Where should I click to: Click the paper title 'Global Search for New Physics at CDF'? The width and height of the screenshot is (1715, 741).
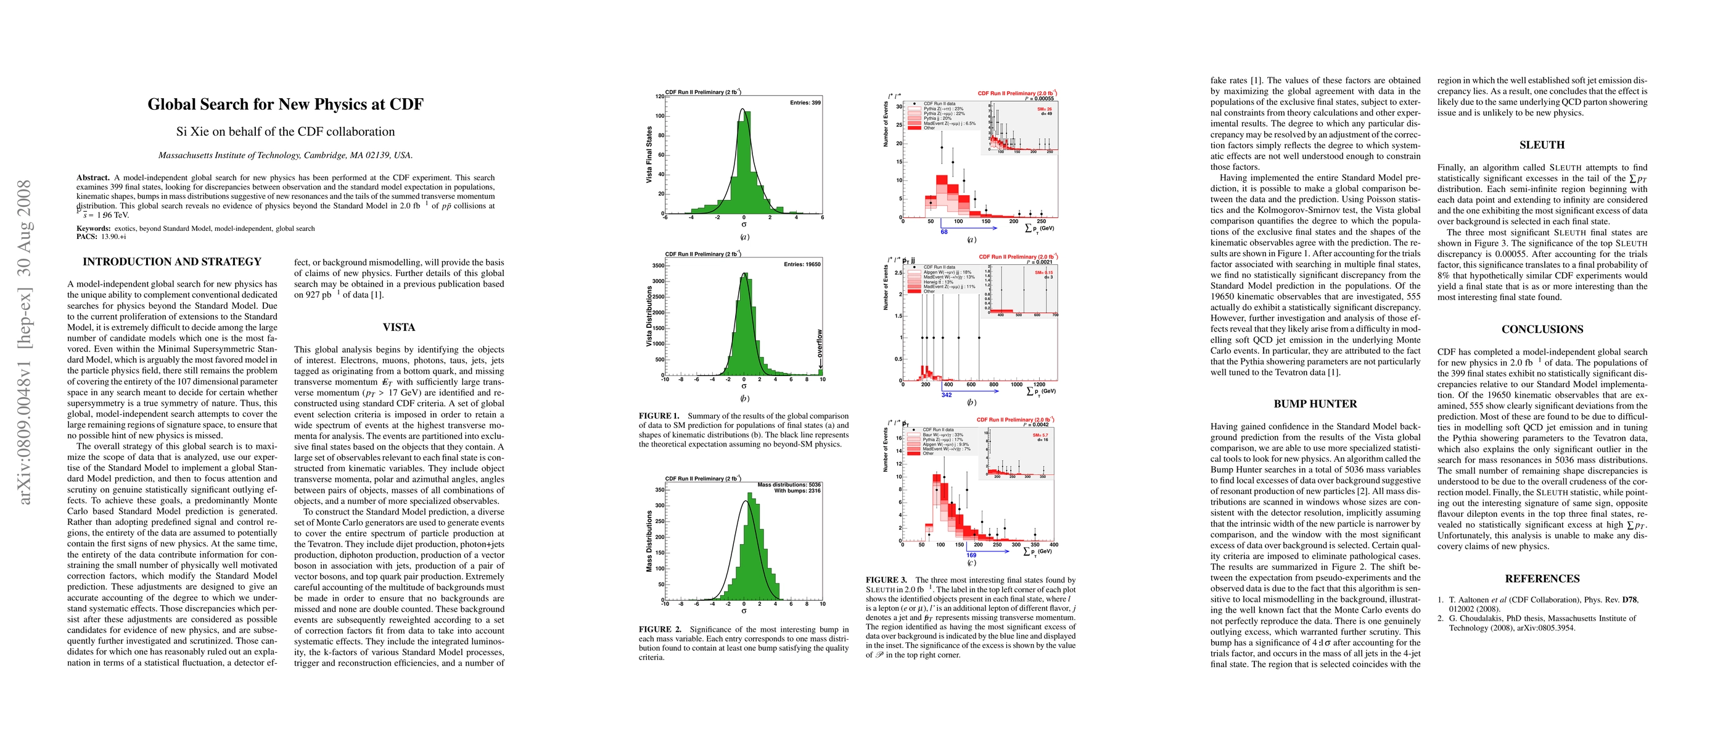[285, 104]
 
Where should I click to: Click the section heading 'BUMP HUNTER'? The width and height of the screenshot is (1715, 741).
[1315, 404]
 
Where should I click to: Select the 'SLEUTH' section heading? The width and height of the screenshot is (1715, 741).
[1542, 144]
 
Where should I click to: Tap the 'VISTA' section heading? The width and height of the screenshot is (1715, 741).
[399, 327]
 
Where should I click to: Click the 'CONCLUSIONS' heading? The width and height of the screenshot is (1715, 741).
[1542, 329]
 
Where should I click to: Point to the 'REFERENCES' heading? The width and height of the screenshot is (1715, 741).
[1542, 579]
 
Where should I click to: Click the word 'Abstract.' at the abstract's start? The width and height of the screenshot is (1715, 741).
[93, 178]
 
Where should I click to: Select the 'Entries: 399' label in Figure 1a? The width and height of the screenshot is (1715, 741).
[805, 103]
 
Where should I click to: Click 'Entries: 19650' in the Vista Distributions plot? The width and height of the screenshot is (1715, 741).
[802, 264]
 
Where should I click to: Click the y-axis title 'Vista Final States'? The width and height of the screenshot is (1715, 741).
[649, 155]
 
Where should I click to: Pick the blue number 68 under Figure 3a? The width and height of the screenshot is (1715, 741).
[944, 232]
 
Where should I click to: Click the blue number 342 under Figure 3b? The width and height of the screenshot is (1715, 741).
[947, 395]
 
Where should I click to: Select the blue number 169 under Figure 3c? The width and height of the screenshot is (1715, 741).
[971, 555]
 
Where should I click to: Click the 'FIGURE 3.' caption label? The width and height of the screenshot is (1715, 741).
[886, 580]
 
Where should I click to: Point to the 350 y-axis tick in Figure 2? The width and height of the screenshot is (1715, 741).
[659, 490]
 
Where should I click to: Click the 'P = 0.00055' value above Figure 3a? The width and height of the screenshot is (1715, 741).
[1039, 99]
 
